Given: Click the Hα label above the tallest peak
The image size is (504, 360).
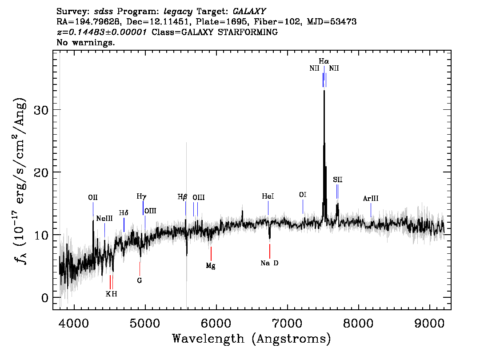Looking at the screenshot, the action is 324,61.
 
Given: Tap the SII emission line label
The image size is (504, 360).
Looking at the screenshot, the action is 337,180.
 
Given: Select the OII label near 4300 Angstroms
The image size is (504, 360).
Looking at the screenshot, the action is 93,197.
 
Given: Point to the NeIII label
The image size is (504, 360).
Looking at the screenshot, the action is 104,219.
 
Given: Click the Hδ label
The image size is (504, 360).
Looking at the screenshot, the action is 124,213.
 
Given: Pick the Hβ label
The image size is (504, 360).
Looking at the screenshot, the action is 182,197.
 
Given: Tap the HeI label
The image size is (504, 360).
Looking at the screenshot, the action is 268,196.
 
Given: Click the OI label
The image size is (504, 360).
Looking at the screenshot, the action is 303,195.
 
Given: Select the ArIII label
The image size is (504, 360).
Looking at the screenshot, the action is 371,199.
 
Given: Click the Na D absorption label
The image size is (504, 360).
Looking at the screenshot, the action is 269,263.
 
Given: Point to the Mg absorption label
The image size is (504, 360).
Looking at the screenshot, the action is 211,266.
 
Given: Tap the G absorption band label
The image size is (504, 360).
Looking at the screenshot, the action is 140,280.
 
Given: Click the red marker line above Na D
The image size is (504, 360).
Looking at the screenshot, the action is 270,251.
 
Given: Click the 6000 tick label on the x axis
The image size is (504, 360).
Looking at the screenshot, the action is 216,323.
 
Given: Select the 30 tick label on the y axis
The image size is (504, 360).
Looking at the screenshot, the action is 40,110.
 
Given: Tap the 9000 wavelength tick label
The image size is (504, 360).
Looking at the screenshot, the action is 429,323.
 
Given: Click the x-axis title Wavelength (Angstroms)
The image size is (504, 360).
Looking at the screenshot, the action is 252,339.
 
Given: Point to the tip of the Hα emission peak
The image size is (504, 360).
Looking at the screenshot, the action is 324,91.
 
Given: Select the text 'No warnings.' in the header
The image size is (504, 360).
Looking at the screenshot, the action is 85,42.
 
